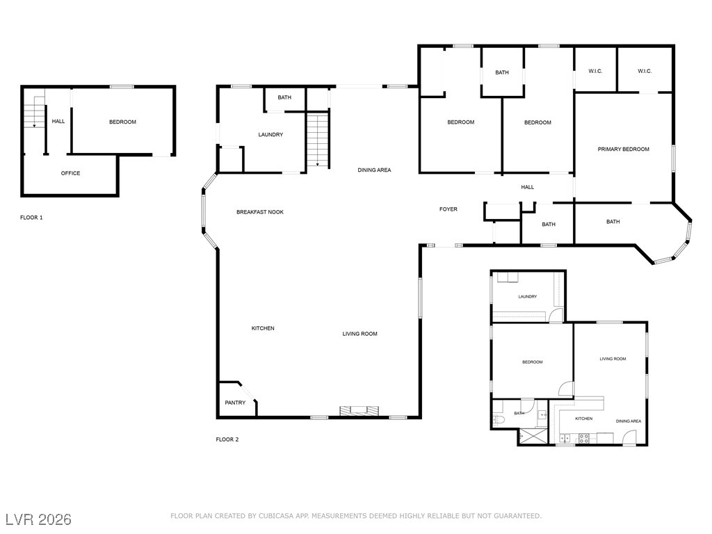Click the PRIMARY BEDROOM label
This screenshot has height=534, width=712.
pyautogui.click(x=623, y=149)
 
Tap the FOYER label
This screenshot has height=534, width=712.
pyautogui.click(x=448, y=209)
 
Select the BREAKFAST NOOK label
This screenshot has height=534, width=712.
pyautogui.click(x=260, y=212)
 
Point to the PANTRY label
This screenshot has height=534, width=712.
pyautogui.click(x=235, y=403)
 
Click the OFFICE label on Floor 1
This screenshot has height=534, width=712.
pyautogui.click(x=70, y=173)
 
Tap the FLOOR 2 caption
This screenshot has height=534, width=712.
pyautogui.click(x=227, y=439)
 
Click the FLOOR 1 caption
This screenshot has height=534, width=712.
pyautogui.click(x=31, y=218)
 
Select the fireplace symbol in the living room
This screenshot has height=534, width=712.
pyautogui.click(x=359, y=410)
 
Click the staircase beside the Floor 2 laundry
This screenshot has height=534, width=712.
pyautogui.click(x=317, y=139)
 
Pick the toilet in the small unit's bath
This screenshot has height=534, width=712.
pyautogui.click(x=498, y=419)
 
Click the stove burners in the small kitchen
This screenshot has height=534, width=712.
pyautogui.click(x=584, y=438)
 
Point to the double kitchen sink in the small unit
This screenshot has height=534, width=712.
pyautogui.click(x=565, y=438)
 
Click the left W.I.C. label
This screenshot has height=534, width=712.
pyautogui.click(x=595, y=72)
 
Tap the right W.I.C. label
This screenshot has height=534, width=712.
pyautogui.click(x=645, y=72)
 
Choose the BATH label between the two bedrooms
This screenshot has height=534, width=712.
pyautogui.click(x=502, y=72)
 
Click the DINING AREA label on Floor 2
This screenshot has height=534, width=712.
pyautogui.click(x=374, y=170)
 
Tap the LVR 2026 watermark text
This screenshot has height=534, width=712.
pyautogui.click(x=38, y=519)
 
